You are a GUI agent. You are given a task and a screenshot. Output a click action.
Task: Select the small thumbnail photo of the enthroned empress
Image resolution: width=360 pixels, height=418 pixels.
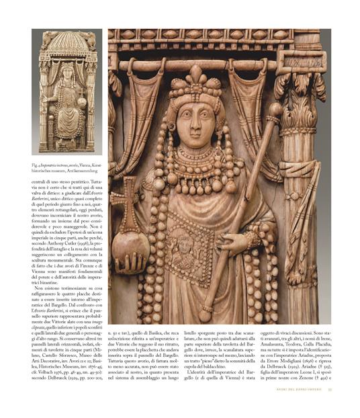[66, 92]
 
